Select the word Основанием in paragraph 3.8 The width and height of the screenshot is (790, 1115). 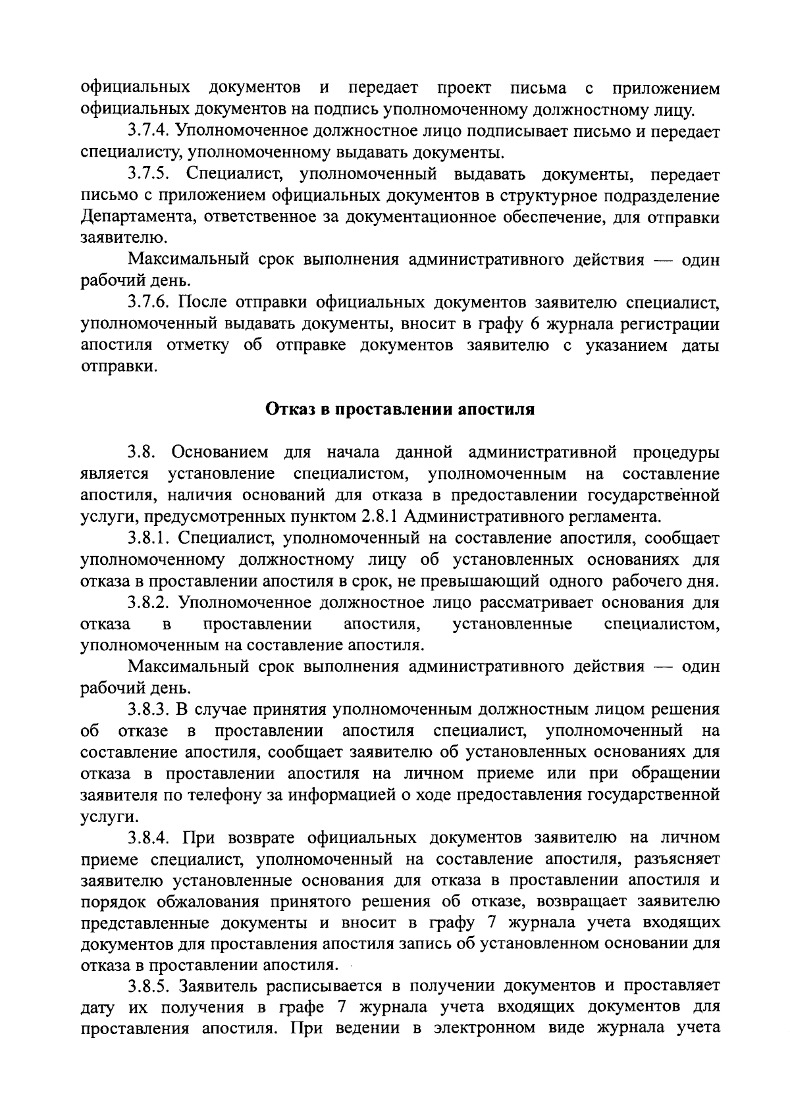click(x=220, y=453)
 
